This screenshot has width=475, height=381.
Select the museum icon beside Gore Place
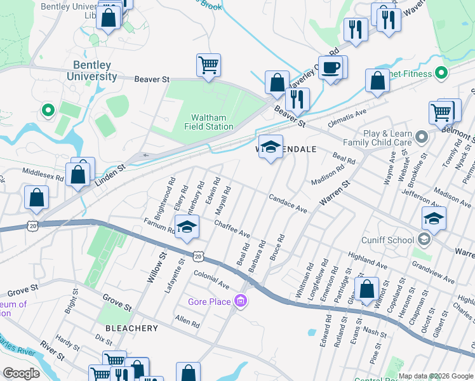click(x=240, y=300)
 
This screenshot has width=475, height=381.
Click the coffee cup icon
click(x=330, y=67)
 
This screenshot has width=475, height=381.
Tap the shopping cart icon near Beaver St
click(x=208, y=65)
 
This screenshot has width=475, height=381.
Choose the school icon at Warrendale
click(x=271, y=147)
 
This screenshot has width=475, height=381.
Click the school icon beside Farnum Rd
click(x=187, y=227)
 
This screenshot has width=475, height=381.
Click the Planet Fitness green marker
click(x=439, y=74)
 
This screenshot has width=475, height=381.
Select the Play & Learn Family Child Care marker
click(x=420, y=137)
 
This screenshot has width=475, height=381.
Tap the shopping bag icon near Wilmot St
click(x=367, y=289)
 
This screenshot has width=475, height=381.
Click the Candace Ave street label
click(x=288, y=204)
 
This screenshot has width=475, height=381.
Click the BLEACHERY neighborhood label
click(x=132, y=328)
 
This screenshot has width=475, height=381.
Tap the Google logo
click(x=22, y=373)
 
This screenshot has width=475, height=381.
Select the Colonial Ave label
click(x=211, y=277)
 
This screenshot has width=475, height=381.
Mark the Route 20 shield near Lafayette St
click(x=198, y=256)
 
